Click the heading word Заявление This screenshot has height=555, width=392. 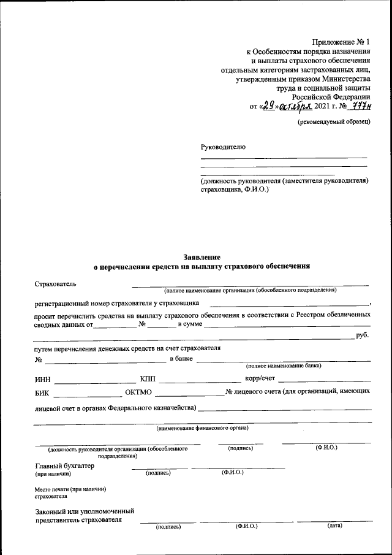pos(202,257)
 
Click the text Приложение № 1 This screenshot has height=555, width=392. pos(342,42)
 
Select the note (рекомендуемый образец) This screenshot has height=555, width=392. pos(334,122)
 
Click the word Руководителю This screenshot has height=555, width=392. pos(223,147)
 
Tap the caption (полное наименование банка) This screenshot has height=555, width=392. pos(284,366)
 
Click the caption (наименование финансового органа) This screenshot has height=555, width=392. pos(202,427)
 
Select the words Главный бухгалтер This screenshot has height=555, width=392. pos(64,465)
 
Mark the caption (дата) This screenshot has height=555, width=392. pos(334,526)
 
